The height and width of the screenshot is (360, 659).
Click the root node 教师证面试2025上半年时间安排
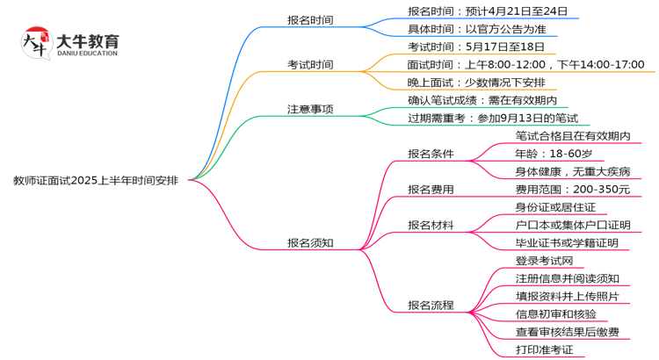[x=95, y=181]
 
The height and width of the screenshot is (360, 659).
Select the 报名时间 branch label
[x=310, y=20]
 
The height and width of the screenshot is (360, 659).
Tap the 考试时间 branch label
[x=310, y=65]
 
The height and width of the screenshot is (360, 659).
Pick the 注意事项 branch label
[x=310, y=110]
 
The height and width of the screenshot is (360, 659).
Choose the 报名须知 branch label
[x=310, y=243]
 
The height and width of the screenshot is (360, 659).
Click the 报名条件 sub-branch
[x=431, y=154]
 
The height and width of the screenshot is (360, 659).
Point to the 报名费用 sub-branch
[x=431, y=190]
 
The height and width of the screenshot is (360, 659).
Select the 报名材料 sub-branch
[x=431, y=225]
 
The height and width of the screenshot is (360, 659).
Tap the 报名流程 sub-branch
[x=431, y=306]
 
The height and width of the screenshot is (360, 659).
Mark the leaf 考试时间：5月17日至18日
[x=476, y=47]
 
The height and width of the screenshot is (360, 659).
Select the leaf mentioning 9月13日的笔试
[x=493, y=119]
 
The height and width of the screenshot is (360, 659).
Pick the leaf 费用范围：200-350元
[x=572, y=190]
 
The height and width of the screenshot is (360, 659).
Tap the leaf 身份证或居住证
[x=555, y=207]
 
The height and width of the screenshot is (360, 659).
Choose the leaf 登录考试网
[x=544, y=261]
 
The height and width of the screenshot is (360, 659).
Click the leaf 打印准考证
[x=544, y=350]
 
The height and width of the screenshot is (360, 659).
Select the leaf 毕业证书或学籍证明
[x=567, y=243]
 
